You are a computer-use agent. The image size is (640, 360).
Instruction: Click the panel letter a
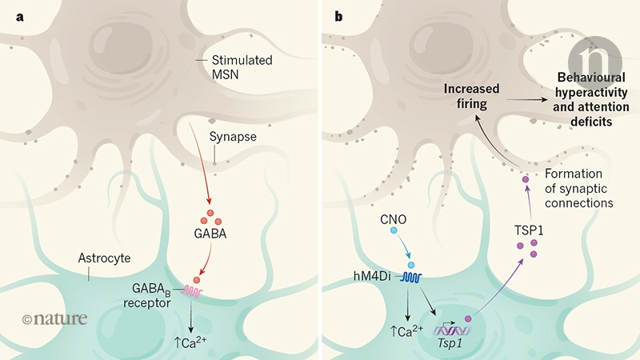click(11, 11)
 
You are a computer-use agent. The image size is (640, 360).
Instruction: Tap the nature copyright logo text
click(53, 318)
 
